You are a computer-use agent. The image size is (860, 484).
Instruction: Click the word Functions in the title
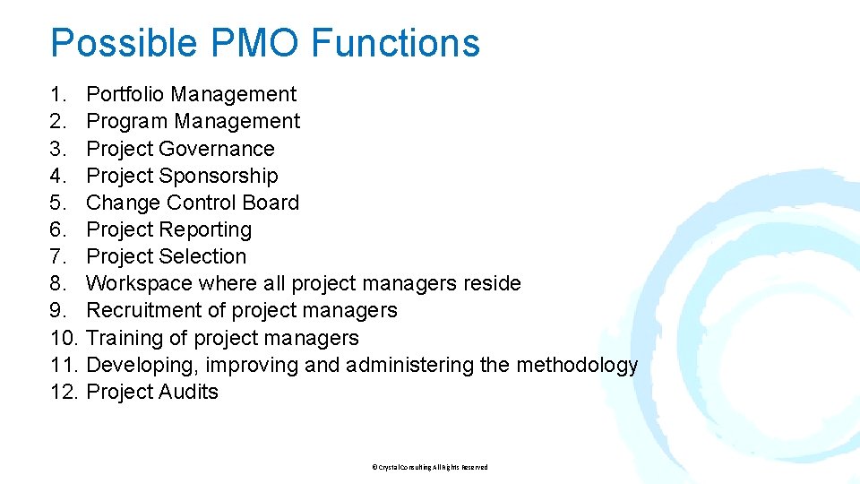click(x=396, y=43)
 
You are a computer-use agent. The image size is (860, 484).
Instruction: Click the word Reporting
click(x=205, y=229)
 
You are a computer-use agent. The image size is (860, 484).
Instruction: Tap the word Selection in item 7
click(x=202, y=256)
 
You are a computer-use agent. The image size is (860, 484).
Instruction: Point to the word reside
click(x=492, y=283)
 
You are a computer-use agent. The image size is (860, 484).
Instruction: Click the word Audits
click(x=188, y=392)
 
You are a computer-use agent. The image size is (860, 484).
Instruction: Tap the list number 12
click(x=64, y=392)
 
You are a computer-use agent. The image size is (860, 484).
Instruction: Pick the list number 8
click(x=58, y=283)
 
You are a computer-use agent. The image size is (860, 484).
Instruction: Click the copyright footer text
click(x=429, y=467)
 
